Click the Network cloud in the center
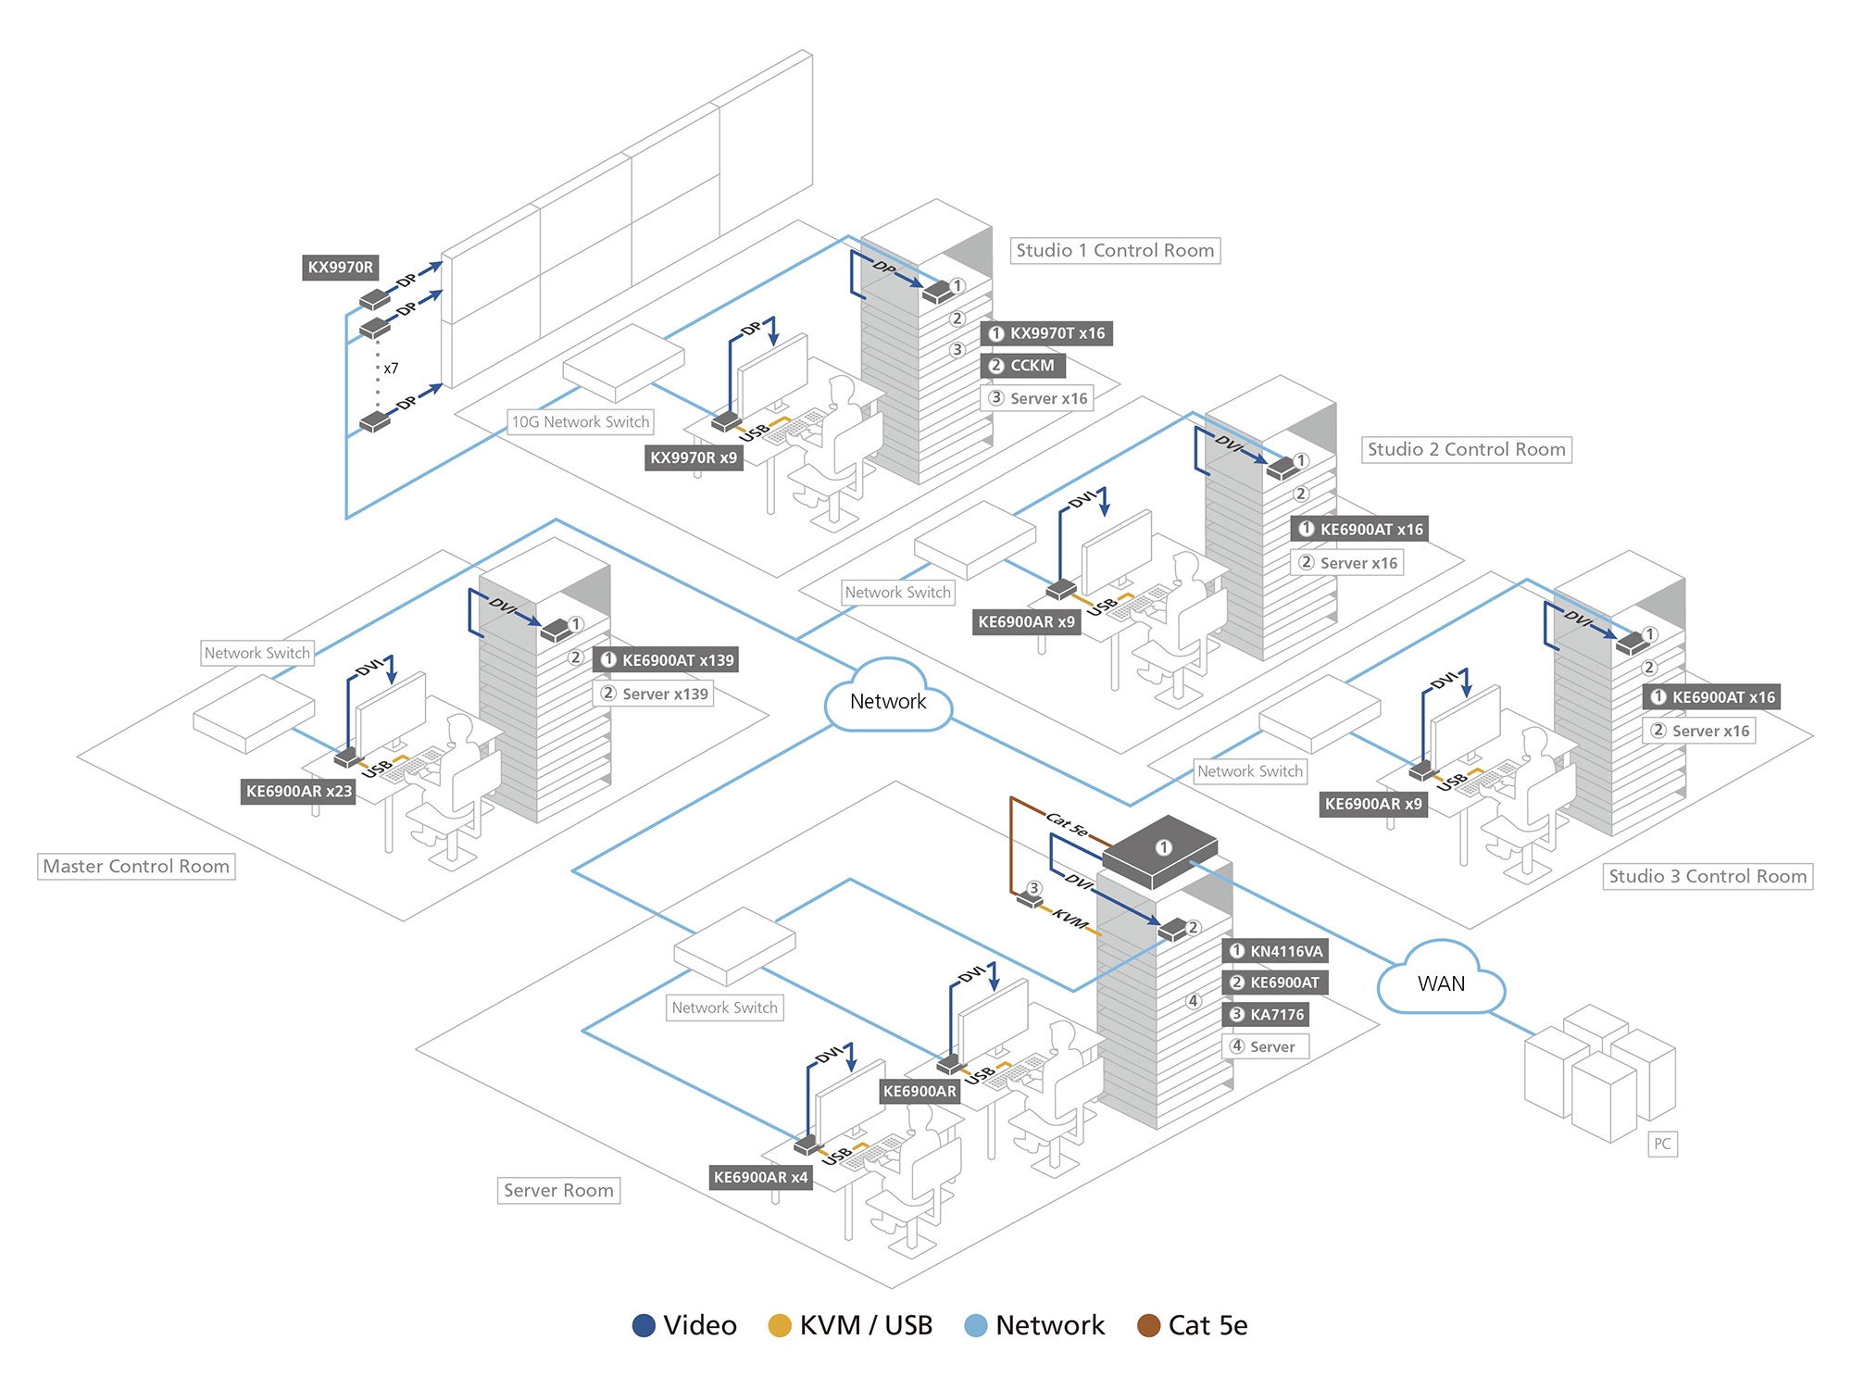coord(887,700)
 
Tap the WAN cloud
coord(1441,982)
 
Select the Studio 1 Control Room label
coord(1114,250)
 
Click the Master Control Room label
coord(136,866)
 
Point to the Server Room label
coord(558,1190)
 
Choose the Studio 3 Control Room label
coord(1708,876)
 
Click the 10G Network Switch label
coord(581,422)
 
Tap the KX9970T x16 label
coord(1046,333)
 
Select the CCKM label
coord(1022,366)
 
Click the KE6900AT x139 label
coord(667,660)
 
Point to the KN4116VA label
coord(1275,951)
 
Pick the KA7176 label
coord(1266,1014)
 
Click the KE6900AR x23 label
coord(298,792)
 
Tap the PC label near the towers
coord(1662,1144)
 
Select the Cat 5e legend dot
coord(1148,1325)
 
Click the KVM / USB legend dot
coord(780,1325)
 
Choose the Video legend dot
coord(644,1325)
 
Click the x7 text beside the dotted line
coord(391,369)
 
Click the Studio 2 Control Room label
coord(1466,449)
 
